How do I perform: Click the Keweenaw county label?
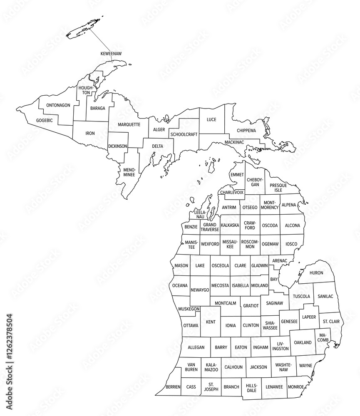tap(111, 54)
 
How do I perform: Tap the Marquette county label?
tap(129, 124)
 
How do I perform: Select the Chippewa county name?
tap(246, 131)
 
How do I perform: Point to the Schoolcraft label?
tap(184, 135)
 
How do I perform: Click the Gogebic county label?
tap(45, 120)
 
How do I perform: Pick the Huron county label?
tap(316, 273)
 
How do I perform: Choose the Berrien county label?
tap(173, 387)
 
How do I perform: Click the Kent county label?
tap(211, 322)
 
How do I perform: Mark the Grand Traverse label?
tap(210, 227)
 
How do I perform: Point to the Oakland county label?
tap(303, 343)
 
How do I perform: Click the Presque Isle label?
tap(278, 188)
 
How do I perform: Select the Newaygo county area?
tap(200, 290)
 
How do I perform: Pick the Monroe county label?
tap(296, 386)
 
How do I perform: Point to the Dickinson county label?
tap(117, 146)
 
